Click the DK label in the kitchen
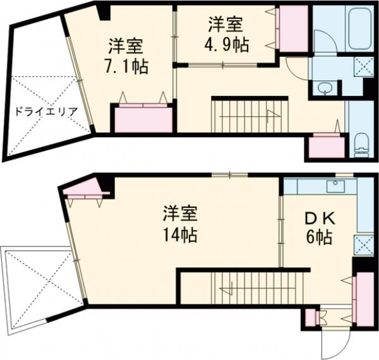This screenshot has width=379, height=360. tap(320, 219)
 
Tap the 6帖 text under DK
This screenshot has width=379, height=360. tap(320, 238)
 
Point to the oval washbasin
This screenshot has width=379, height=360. tap(325, 88)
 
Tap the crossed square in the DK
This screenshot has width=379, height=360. tap(363, 243)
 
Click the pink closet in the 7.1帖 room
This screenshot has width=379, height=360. tap(143, 118)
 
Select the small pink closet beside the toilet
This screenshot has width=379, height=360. tap(325, 146)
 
